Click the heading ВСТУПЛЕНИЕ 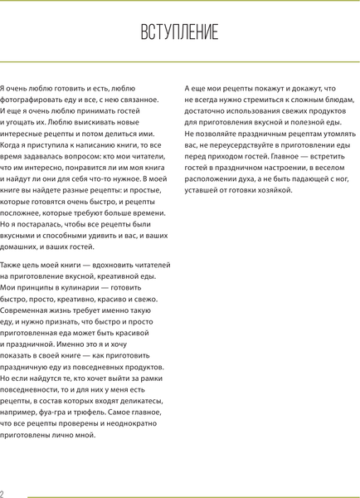(179, 32)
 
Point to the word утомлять (319, 133)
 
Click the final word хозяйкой (271, 190)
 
